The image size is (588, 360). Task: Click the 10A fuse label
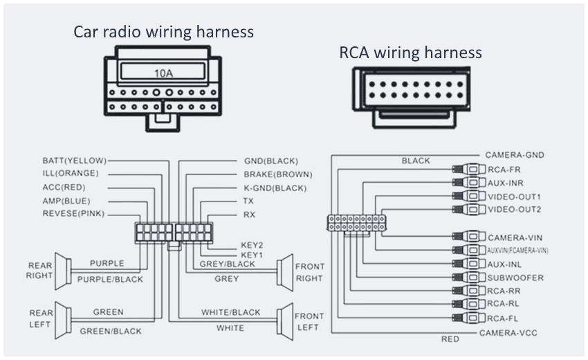(163, 71)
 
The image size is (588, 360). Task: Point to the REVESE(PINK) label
(73, 214)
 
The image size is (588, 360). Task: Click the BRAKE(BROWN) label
(277, 174)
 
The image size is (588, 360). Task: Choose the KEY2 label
(248, 244)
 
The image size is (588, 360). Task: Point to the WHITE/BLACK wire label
(231, 312)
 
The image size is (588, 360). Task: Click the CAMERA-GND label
(515, 155)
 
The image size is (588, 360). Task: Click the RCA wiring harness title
(410, 53)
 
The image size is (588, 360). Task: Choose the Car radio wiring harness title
(164, 32)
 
